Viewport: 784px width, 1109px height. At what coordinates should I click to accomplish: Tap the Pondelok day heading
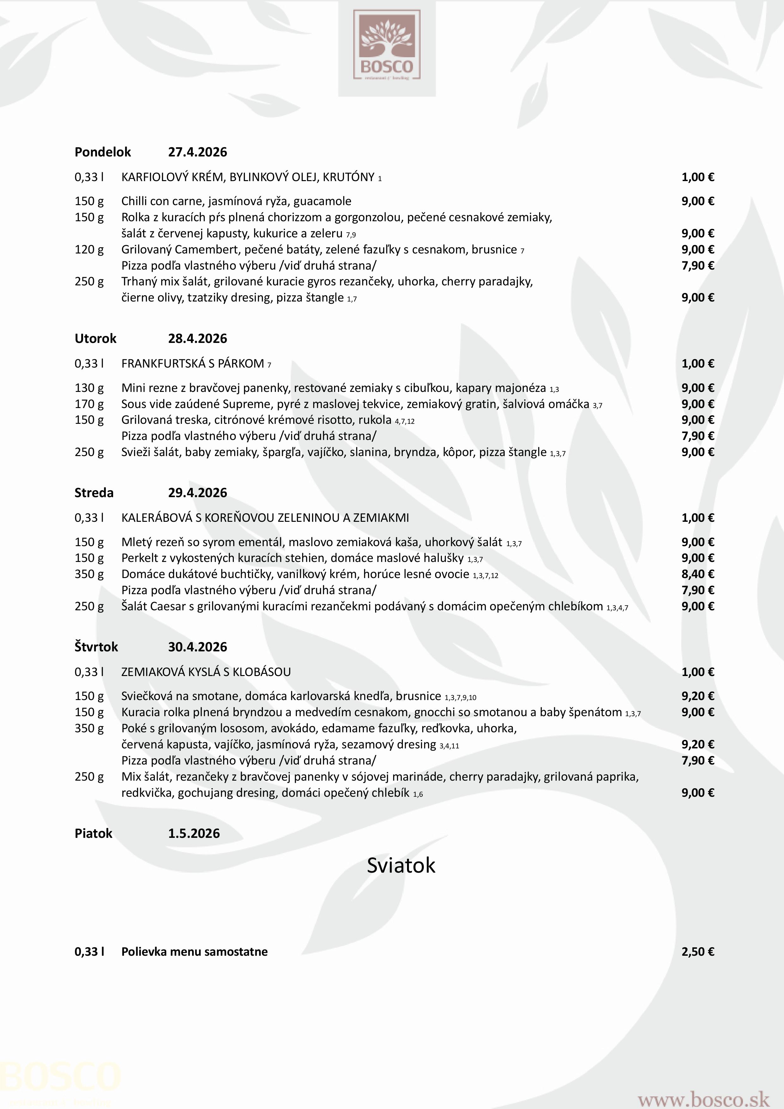pos(102,152)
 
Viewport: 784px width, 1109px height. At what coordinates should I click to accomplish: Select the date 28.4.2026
pos(197,338)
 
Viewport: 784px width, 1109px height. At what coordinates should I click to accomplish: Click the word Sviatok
pos(401,865)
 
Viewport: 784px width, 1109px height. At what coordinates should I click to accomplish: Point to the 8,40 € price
pos(697,574)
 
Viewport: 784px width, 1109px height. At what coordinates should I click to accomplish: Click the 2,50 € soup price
pos(697,952)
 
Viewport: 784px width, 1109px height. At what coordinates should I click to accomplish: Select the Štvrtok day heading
pos(96,647)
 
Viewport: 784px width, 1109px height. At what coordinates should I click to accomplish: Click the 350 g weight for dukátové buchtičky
pos(89,574)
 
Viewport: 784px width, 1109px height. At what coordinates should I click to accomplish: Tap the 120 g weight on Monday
pos(89,250)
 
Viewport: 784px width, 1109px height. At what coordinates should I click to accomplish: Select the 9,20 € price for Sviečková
pos(697,696)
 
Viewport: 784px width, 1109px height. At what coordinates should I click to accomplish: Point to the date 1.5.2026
pos(194,833)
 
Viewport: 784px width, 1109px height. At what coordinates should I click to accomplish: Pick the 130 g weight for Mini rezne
pos(89,388)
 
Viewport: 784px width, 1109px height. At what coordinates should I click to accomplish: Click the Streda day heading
pos(94,493)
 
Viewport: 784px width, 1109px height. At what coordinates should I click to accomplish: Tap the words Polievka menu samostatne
pos(194,952)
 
